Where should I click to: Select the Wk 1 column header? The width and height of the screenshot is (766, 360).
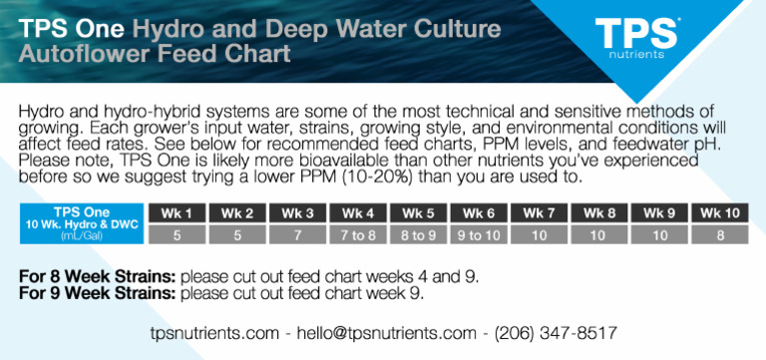click(177, 212)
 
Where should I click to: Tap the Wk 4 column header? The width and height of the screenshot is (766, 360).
click(357, 212)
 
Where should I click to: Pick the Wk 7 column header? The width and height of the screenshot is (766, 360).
click(539, 212)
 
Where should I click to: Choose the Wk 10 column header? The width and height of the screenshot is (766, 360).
click(719, 212)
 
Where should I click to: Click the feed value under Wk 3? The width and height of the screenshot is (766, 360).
click(297, 235)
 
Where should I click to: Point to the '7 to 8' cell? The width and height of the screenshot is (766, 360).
click(357, 235)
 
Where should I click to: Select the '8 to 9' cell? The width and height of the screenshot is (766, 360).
click(418, 235)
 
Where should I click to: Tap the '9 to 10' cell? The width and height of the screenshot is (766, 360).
click(478, 235)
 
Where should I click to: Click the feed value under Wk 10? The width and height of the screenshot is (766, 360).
click(719, 235)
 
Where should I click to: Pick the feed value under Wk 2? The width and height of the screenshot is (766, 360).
click(237, 235)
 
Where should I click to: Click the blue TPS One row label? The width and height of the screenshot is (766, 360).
click(82, 223)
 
